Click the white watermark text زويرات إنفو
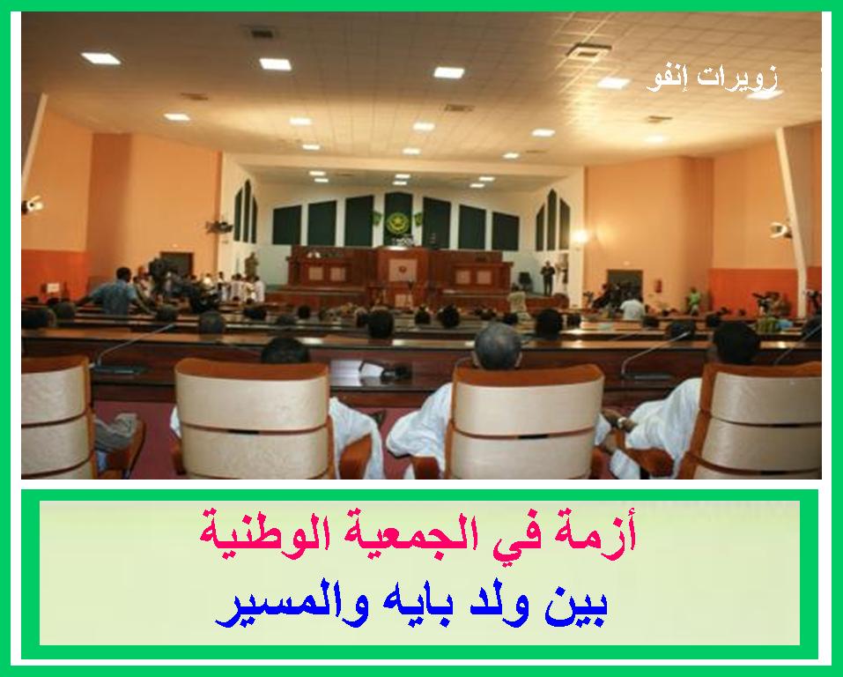[x=713, y=79]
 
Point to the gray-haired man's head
[x=498, y=346]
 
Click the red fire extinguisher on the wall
[x=657, y=285]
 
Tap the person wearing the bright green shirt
[x=694, y=299]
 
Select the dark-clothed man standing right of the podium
[x=547, y=278]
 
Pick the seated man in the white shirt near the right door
[x=632, y=307]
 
